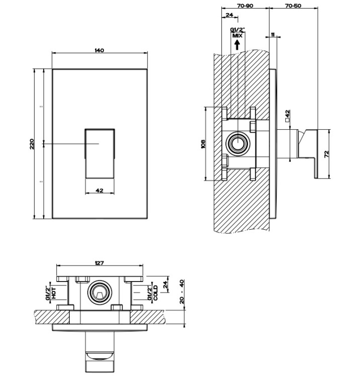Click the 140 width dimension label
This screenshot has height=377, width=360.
click(x=99, y=50)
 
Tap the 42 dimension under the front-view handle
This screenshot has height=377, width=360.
click(x=99, y=191)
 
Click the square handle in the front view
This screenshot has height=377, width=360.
click(x=99, y=152)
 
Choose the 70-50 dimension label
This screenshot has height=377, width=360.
click(x=293, y=6)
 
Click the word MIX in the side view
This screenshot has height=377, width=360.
click(x=237, y=36)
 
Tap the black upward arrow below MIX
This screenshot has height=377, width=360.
click(x=237, y=44)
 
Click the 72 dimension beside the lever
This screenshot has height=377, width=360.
click(x=327, y=154)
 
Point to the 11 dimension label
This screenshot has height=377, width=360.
click(x=272, y=34)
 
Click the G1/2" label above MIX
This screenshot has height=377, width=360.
click(x=236, y=30)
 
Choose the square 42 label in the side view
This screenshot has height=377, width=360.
click(x=287, y=117)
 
